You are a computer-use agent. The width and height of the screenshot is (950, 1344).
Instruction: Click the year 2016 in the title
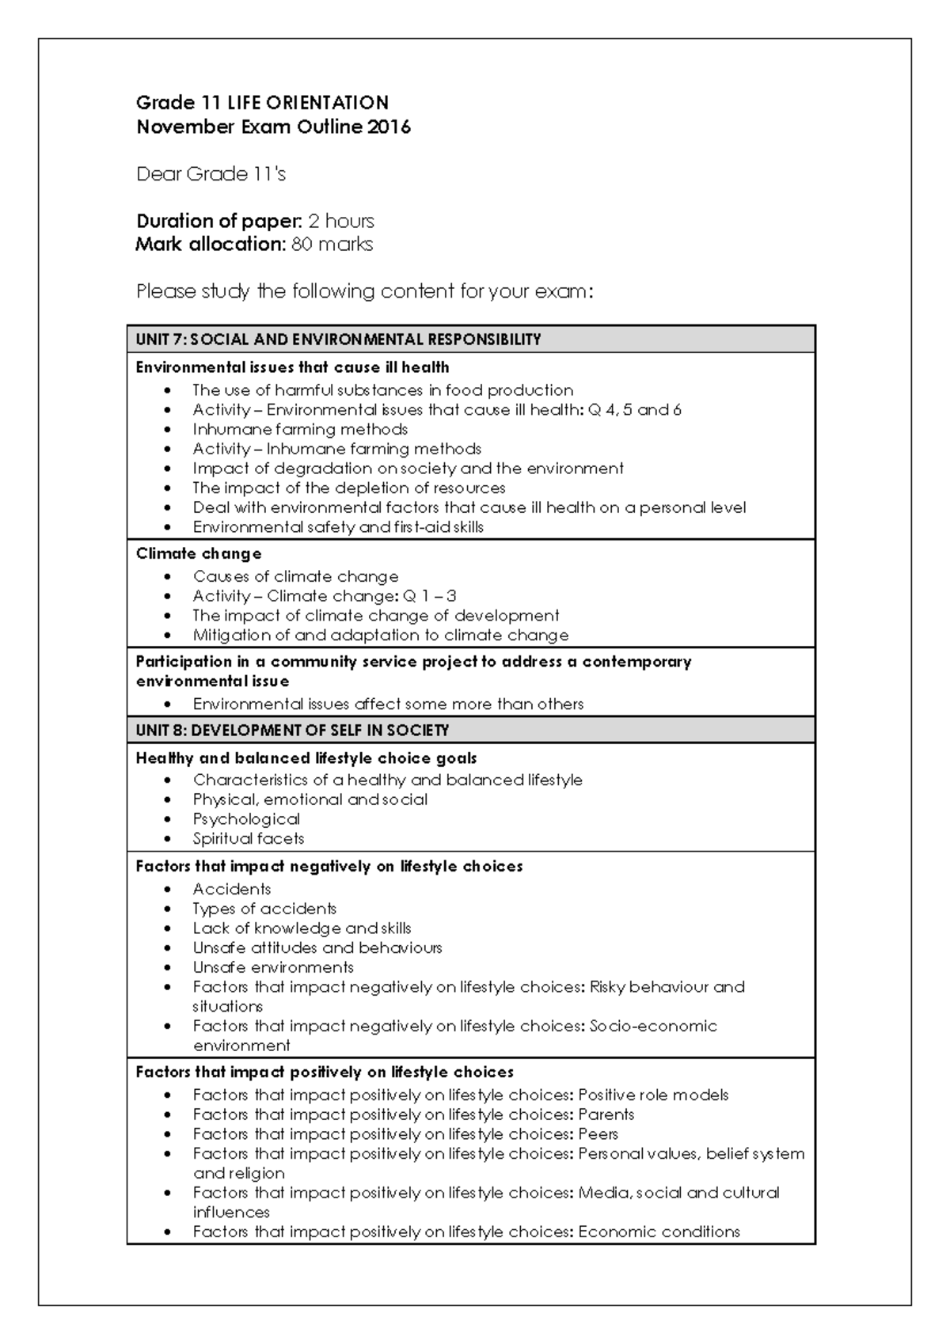[389, 127]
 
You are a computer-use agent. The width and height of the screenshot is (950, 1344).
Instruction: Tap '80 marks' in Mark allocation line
[332, 245]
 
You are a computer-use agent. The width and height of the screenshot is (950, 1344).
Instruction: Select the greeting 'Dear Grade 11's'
[211, 174]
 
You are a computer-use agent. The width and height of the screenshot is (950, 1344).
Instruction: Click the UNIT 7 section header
[338, 340]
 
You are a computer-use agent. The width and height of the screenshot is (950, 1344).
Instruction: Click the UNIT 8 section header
[292, 730]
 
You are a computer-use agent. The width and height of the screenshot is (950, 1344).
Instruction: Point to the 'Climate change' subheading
[199, 553]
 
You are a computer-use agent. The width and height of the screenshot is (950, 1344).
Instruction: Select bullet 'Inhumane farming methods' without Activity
[300, 429]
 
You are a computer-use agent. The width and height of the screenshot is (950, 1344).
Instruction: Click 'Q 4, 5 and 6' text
[635, 410]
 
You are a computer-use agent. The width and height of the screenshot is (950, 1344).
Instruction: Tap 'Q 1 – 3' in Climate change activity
[430, 596]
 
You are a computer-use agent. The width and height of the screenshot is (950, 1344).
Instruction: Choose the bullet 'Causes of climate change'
[295, 576]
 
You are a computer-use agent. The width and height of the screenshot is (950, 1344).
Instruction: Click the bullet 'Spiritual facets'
[248, 838]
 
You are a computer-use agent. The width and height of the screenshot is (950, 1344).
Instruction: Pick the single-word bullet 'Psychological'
[246, 818]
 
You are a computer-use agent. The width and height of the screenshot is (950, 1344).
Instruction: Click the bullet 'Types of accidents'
[264, 909]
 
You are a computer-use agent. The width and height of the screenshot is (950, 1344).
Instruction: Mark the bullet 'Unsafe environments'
[273, 967]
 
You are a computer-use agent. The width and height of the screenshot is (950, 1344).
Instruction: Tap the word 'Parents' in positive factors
[606, 1114]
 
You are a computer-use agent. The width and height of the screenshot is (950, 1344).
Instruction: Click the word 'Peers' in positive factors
[598, 1133]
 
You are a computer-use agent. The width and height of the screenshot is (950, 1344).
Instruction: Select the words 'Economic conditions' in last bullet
[659, 1232]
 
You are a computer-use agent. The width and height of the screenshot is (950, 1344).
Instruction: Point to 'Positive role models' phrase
[653, 1095]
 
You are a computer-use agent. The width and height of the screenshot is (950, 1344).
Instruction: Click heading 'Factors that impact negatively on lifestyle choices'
[329, 866]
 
